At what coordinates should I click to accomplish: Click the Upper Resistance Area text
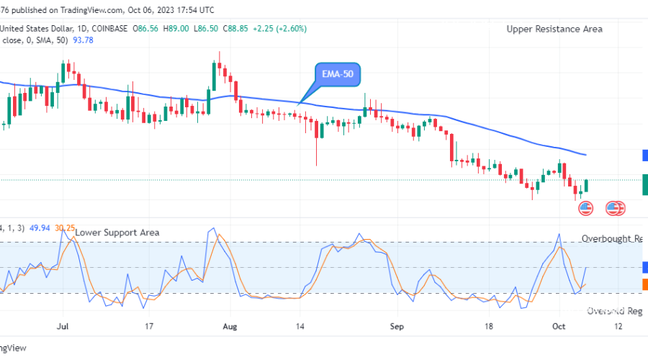(x=554, y=29)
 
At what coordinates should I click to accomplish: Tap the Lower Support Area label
(x=117, y=233)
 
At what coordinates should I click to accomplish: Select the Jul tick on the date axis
(x=62, y=325)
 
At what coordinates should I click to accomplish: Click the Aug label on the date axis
(x=229, y=325)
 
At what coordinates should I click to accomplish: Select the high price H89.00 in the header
(x=176, y=29)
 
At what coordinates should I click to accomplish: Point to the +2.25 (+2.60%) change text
(x=282, y=29)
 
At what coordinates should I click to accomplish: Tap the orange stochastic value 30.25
(x=66, y=228)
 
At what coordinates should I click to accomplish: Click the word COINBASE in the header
(x=108, y=29)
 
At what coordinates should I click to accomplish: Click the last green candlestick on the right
(x=587, y=186)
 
